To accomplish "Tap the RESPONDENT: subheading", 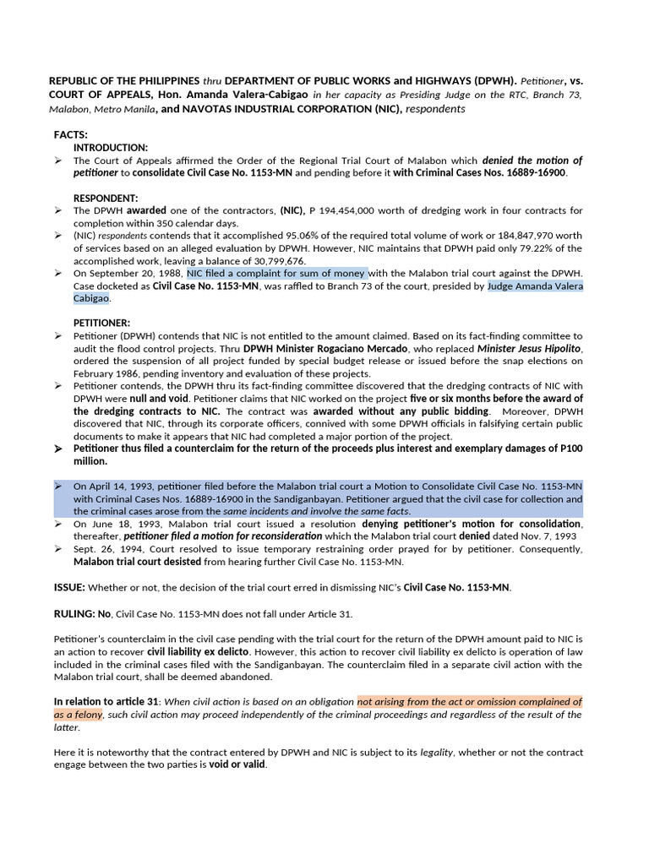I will (x=106, y=198).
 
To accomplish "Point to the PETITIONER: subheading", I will (x=101, y=323).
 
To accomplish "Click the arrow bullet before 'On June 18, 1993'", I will (x=58, y=524).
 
